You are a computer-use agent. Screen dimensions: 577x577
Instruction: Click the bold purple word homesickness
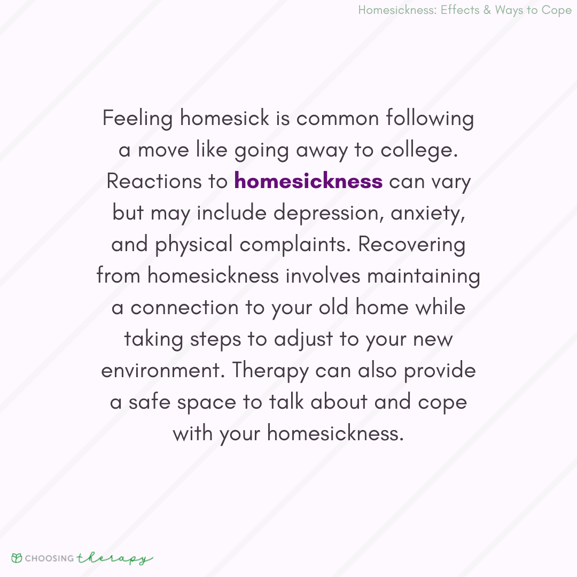point(308,182)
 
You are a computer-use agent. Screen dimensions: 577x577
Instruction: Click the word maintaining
point(423,276)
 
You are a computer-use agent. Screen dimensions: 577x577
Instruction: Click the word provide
point(440,371)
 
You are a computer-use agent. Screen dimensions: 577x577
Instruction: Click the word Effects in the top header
point(460,11)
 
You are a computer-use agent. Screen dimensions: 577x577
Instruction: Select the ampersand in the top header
point(487,11)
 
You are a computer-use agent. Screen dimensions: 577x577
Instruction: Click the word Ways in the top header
point(509,11)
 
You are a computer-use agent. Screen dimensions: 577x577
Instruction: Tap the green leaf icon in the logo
point(17,558)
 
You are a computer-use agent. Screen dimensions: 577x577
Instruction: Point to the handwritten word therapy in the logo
point(114,559)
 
